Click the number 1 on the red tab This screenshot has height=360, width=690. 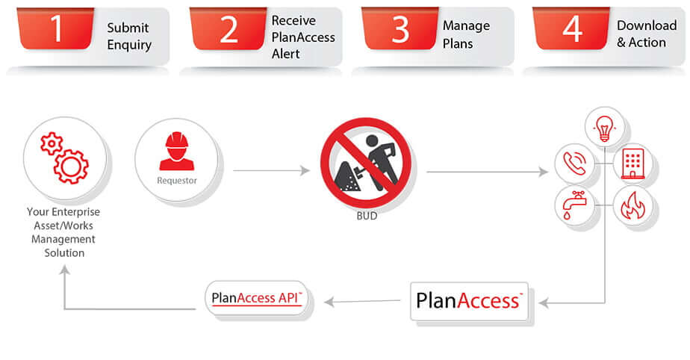click(57, 28)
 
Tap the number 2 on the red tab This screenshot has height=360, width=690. click(229, 29)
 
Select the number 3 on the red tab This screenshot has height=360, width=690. click(400, 29)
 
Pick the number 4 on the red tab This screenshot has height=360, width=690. click(571, 28)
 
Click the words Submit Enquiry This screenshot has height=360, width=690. click(128, 36)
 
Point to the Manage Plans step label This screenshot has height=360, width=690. click(466, 34)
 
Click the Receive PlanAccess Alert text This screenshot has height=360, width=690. click(303, 37)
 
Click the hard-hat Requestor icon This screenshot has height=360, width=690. click(177, 152)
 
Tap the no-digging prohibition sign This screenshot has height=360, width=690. click(366, 163)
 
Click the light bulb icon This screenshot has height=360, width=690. click(603, 128)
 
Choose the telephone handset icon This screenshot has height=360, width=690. click(574, 164)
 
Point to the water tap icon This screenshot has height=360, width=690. click(574, 205)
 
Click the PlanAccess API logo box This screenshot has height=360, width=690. click(258, 298)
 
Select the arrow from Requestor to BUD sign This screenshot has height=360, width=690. click(271, 171)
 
